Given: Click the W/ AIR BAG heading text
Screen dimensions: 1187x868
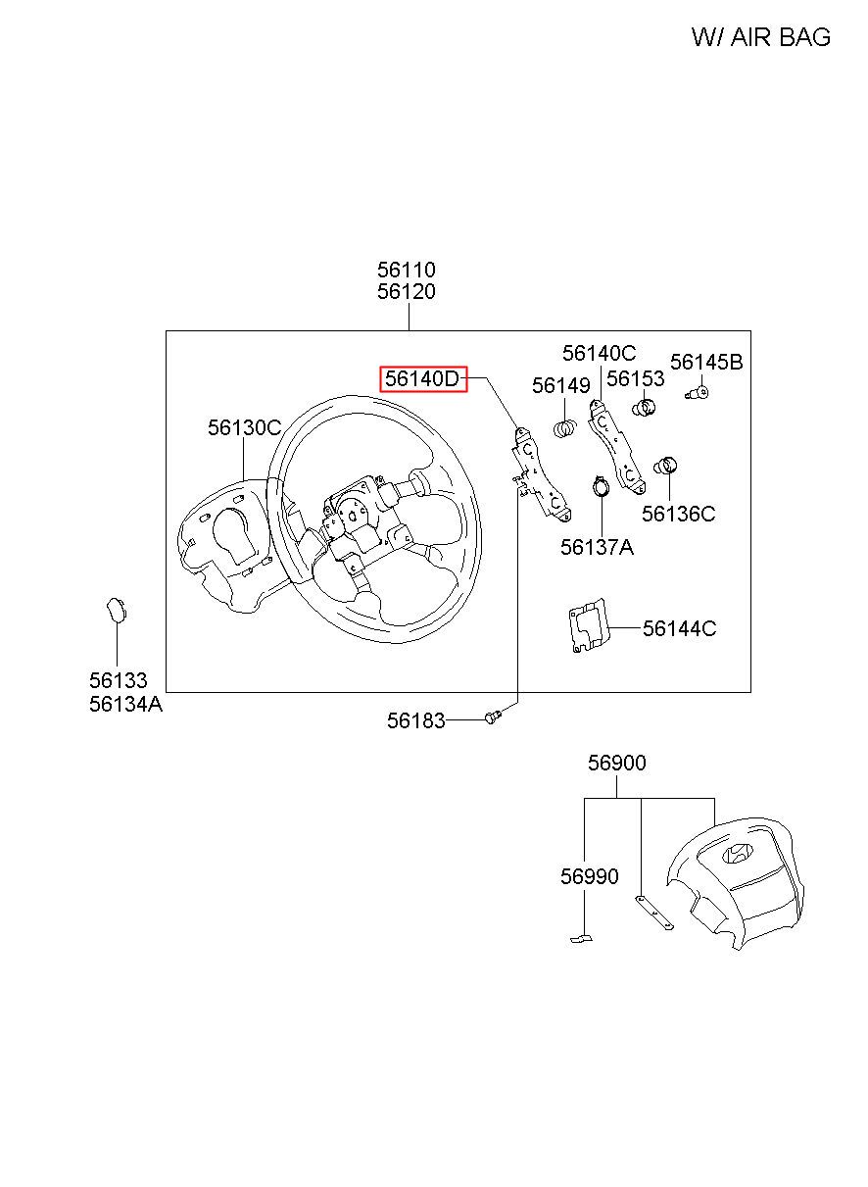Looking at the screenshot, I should [760, 37].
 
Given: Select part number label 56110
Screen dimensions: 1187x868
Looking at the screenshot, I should [407, 270].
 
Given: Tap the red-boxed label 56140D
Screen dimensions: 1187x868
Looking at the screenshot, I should [423, 379].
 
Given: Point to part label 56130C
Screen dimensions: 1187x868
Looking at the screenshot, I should [244, 428].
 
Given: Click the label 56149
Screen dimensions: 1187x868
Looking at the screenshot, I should [561, 386].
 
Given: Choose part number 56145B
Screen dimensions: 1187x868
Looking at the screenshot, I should [706, 363].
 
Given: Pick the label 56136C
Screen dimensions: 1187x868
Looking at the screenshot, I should [679, 514].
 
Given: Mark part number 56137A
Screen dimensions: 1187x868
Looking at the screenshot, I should [597, 547].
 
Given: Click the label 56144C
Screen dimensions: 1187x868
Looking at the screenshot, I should [679, 628].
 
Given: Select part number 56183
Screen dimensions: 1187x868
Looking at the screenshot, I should [415, 721].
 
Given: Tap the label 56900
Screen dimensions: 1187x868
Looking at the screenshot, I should [617, 763].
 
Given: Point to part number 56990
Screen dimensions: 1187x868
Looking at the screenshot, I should [590, 876].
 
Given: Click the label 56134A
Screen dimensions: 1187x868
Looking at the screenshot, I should [125, 704].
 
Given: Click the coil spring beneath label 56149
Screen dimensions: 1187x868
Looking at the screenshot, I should [566, 428].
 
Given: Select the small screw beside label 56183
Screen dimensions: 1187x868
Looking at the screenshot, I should [493, 717].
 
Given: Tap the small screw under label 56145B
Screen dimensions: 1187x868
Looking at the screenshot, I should [699, 393].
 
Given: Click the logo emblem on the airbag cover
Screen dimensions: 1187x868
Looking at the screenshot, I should [738, 854].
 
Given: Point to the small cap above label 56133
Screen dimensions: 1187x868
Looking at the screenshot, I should [116, 609].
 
